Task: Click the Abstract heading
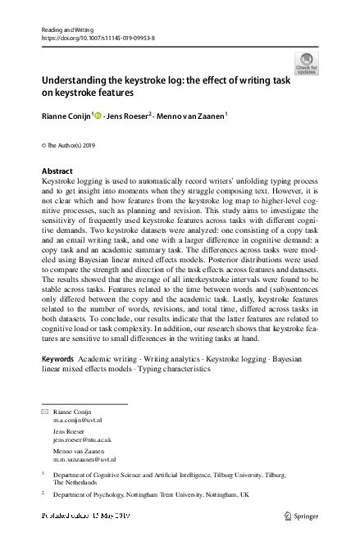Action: tap(56, 171)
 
